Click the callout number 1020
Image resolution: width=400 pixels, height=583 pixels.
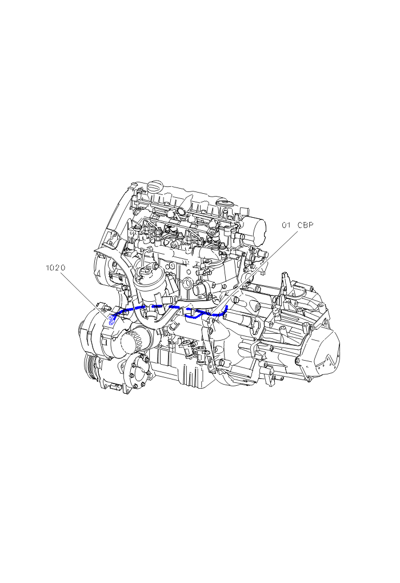pyautogui.click(x=55, y=267)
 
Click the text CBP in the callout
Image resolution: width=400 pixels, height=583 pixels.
pyautogui.click(x=305, y=225)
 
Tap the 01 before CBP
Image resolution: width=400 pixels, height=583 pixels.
pyautogui.click(x=286, y=225)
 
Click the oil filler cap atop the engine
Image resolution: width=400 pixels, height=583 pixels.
pyautogui.click(x=155, y=186)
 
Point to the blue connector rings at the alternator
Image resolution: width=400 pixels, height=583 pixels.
pyautogui.click(x=111, y=320)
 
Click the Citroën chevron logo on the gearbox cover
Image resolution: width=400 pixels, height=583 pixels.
pyautogui.click(x=329, y=357)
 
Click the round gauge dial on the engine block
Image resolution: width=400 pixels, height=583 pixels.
pyautogui.click(x=187, y=283)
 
